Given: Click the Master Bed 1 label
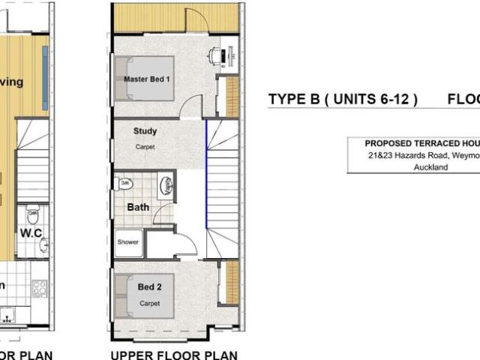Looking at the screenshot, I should pos(148,79).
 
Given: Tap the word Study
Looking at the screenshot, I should pos(145,131).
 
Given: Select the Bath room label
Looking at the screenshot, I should pos(138,207).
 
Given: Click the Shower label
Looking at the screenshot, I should pos(127,242).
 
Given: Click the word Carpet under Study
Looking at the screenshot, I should pos(145,147).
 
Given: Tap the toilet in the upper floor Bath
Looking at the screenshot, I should pos(124,184).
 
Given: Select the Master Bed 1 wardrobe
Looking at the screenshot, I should pos(232,96).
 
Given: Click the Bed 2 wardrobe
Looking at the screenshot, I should pos(232,283).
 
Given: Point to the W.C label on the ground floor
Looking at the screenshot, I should pos(31,232).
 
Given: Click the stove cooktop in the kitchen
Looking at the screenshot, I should pos(39,286).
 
